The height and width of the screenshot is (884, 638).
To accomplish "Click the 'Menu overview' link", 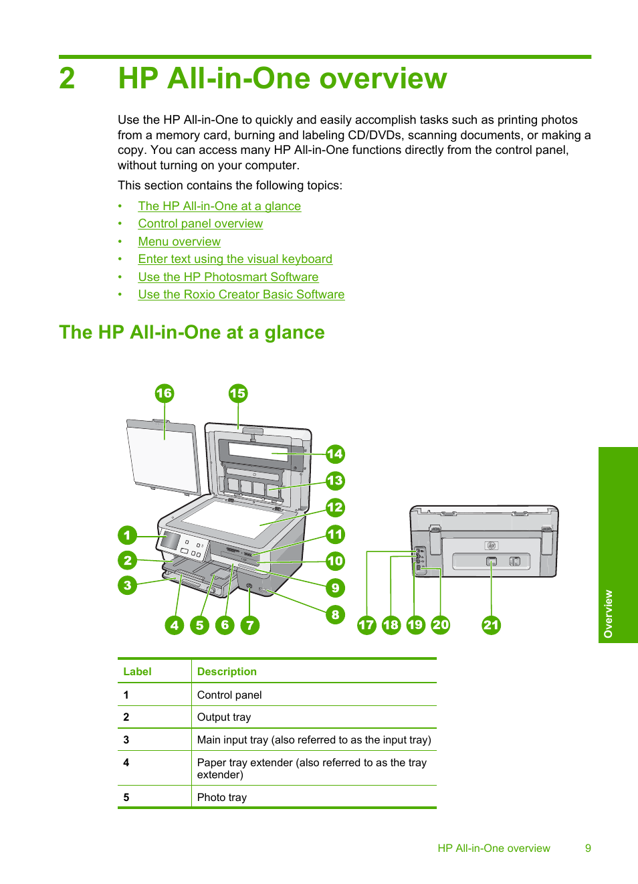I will point(179,242).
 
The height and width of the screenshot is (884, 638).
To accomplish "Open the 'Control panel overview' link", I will point(200,224).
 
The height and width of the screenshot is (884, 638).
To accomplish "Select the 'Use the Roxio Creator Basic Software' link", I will point(241,294).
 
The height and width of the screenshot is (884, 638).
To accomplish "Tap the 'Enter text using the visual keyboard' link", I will point(235,259).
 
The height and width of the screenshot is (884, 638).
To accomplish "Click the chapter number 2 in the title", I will point(67,78).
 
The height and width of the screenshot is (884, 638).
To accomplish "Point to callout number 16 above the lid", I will point(164,393).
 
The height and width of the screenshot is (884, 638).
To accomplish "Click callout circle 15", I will point(237,393).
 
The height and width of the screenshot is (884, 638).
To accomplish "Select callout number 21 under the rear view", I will point(491,625).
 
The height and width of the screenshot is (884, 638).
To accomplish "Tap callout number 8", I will point(335,614).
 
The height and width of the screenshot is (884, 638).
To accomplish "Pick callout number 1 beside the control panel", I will point(127,535).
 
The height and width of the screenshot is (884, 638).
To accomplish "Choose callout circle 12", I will point(335,507).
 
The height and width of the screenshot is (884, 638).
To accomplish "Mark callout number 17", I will point(366,625).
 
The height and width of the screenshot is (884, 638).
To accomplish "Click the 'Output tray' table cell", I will point(224,717).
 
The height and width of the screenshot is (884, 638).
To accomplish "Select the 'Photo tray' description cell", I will point(222,798).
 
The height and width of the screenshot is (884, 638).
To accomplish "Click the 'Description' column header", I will point(227,672).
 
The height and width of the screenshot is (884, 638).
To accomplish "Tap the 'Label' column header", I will point(137,672).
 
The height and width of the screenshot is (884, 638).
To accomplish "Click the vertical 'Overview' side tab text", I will point(608,614).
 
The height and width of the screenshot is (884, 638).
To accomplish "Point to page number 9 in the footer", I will point(588,849).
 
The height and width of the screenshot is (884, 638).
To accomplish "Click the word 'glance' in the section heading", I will point(294,333).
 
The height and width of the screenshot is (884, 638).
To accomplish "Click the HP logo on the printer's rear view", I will point(491,545).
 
